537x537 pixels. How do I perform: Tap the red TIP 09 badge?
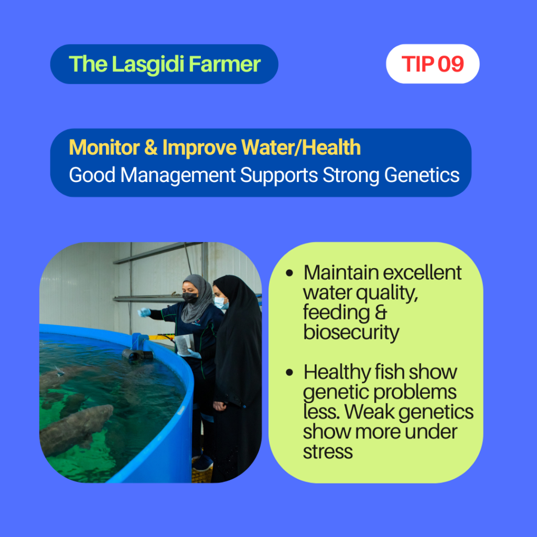click(x=433, y=63)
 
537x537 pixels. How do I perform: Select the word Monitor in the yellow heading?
click(x=104, y=147)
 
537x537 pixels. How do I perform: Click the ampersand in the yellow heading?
click(x=151, y=147)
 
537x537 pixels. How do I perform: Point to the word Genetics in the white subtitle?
click(x=422, y=175)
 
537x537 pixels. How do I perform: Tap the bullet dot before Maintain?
click(x=289, y=273)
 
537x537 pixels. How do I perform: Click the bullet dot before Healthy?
click(x=289, y=372)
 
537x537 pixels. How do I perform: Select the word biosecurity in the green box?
click(x=351, y=332)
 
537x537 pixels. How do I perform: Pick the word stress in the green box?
click(x=328, y=452)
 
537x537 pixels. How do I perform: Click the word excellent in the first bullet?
click(x=422, y=273)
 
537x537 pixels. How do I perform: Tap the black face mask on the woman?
click(x=190, y=297)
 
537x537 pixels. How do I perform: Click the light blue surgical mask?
click(x=221, y=303)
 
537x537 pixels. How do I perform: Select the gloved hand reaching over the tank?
click(x=144, y=312)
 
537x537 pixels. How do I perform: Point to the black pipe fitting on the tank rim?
click(x=137, y=355)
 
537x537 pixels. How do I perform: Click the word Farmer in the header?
click(x=224, y=65)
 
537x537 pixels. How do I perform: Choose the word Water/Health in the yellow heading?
click(x=301, y=147)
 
